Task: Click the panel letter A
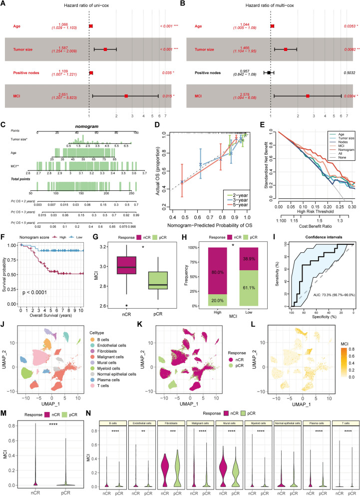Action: pyautogui.click(x=3, y=4)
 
